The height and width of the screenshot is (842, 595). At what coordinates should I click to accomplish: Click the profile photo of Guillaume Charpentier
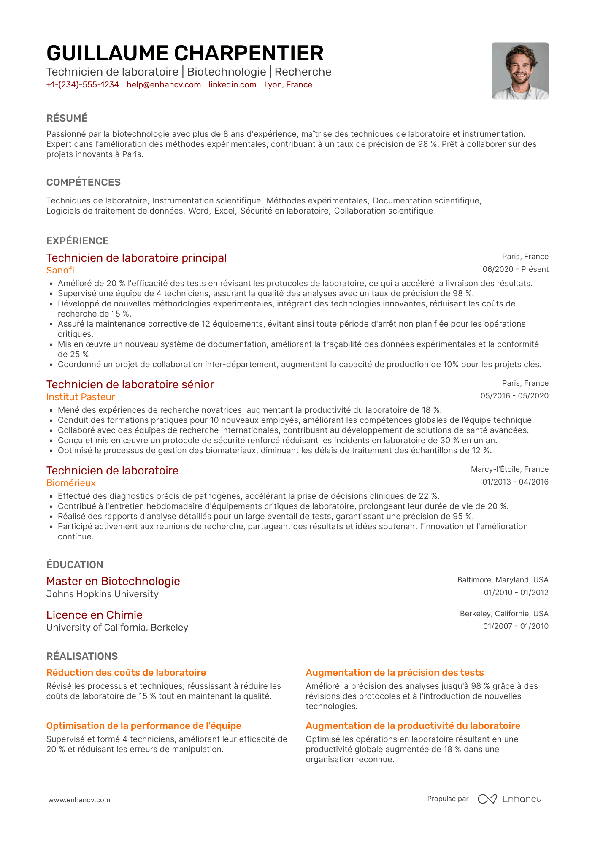click(x=520, y=71)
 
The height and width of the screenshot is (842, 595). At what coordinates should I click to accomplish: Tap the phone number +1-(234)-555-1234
click(x=83, y=85)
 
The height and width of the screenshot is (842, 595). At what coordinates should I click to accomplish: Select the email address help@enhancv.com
click(x=164, y=85)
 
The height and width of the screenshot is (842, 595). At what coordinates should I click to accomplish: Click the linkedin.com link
click(x=233, y=85)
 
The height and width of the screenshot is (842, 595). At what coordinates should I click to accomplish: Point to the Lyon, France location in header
click(x=288, y=85)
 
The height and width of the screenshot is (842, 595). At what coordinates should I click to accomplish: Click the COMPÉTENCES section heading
click(x=84, y=182)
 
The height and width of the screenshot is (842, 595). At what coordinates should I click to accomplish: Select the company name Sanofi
click(x=60, y=271)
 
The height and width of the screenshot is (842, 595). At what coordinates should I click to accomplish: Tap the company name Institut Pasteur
click(x=81, y=397)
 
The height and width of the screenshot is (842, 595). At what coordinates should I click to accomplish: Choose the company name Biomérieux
click(x=71, y=483)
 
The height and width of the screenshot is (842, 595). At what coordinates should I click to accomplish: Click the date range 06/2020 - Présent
click(x=515, y=269)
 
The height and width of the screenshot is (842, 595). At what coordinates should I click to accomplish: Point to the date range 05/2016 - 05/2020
click(x=514, y=396)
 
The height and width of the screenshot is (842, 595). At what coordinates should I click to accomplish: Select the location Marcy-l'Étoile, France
click(x=509, y=469)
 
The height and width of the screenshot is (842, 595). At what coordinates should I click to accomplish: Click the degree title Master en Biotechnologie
click(x=113, y=581)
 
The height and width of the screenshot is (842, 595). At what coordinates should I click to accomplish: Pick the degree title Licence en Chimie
click(x=95, y=615)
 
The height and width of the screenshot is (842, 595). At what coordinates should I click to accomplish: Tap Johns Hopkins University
click(x=103, y=594)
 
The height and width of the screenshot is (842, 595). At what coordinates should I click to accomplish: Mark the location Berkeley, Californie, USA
click(x=504, y=614)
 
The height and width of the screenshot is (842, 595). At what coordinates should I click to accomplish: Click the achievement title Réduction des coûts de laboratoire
click(x=126, y=673)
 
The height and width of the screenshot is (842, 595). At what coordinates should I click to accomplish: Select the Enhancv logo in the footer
click(x=509, y=799)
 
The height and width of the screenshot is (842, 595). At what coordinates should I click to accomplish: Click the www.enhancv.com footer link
click(x=79, y=800)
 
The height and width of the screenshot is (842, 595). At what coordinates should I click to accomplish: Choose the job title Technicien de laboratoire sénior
click(x=130, y=384)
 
